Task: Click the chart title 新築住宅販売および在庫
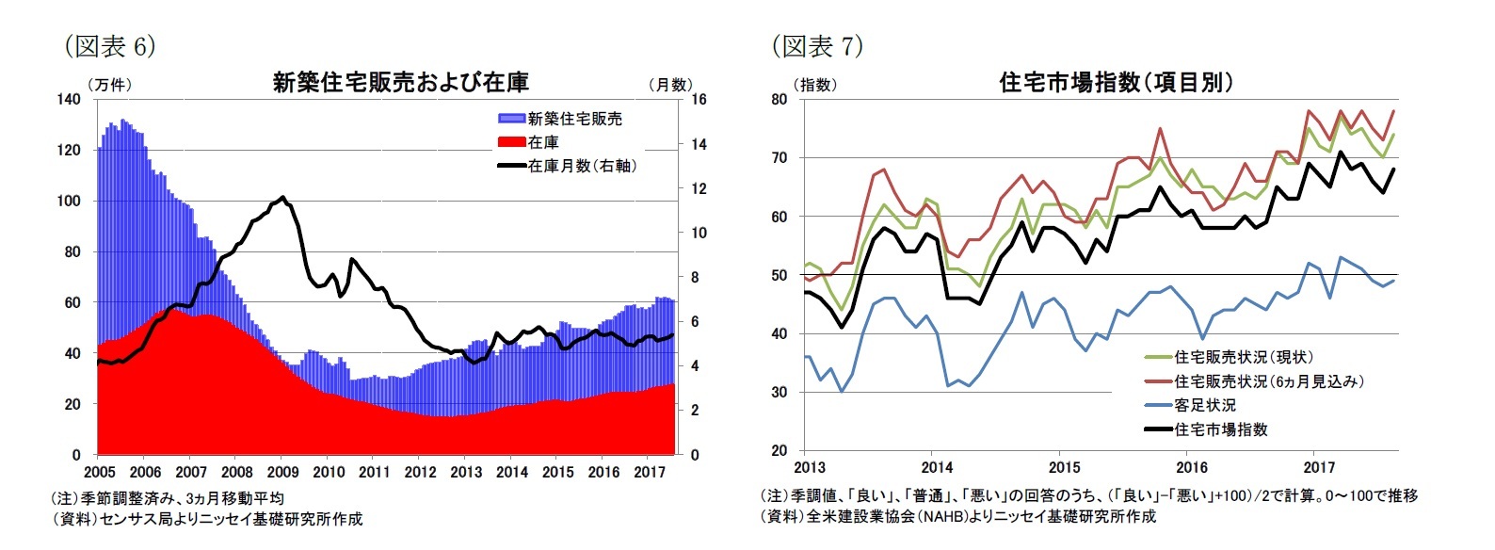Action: [x=400, y=83]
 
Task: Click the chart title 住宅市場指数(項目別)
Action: [x=1116, y=83]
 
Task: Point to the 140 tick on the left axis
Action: [x=69, y=99]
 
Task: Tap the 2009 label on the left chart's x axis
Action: [x=282, y=472]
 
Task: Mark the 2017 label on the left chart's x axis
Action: [x=650, y=472]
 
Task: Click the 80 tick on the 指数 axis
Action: [x=780, y=99]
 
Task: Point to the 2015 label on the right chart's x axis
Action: [x=1064, y=468]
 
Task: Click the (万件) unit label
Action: [x=109, y=85]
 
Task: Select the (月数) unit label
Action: [x=671, y=85]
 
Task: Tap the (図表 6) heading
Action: [x=109, y=45]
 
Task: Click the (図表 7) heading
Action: [x=816, y=45]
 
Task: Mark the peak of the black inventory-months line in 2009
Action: [x=282, y=197]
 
